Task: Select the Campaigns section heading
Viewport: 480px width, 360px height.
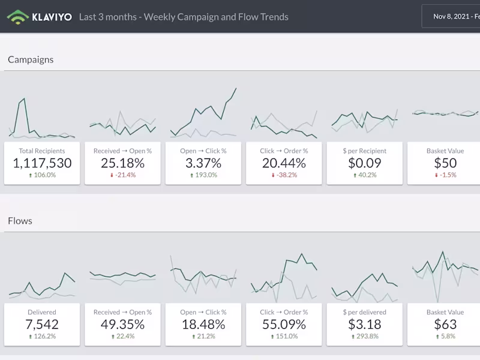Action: tap(31, 59)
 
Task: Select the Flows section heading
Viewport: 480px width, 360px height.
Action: tap(20, 221)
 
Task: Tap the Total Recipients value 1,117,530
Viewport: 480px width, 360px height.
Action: tap(42, 163)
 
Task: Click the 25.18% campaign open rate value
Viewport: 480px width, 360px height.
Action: tap(122, 163)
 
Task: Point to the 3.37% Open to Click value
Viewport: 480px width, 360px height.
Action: tap(203, 163)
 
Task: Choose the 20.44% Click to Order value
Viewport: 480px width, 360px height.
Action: tap(284, 163)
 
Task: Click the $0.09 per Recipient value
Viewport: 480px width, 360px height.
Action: tap(364, 163)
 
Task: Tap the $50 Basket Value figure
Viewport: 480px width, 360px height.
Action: tap(445, 163)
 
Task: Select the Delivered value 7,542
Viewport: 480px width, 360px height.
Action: tap(42, 325)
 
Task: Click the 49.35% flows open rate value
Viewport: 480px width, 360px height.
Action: tap(122, 325)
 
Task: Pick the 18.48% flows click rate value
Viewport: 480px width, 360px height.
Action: tap(203, 325)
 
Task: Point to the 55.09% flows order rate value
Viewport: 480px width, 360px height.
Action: tap(284, 325)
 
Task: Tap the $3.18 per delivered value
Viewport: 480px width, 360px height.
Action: tap(364, 325)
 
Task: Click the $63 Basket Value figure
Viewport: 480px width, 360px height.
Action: tap(445, 325)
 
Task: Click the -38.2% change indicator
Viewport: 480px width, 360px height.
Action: tap(284, 175)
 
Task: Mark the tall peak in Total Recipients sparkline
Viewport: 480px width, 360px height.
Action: tap(23, 99)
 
